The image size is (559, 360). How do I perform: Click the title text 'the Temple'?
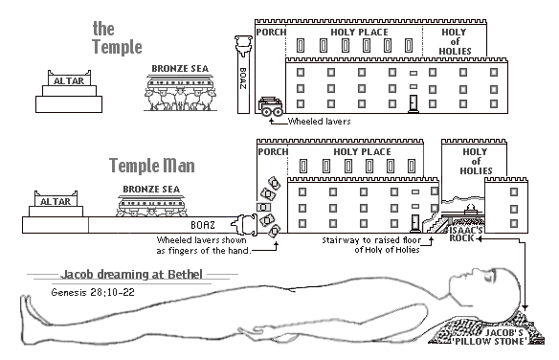[x=117, y=37]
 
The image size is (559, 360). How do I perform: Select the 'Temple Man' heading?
[x=152, y=166]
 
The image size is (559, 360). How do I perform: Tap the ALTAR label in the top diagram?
[x=69, y=81]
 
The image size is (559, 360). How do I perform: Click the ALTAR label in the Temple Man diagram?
[x=56, y=201]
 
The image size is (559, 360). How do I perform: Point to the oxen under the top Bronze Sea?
[x=180, y=99]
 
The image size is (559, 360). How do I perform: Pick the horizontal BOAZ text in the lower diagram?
[x=203, y=225]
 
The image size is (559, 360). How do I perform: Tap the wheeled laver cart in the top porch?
[x=271, y=106]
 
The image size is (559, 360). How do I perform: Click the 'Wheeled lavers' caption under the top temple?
[x=319, y=122]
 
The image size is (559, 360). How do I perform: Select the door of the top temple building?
[x=414, y=103]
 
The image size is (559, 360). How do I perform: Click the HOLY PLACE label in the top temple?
[x=359, y=33]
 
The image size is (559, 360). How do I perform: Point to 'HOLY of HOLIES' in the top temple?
[x=455, y=42]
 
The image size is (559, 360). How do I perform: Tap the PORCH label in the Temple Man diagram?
[x=273, y=152]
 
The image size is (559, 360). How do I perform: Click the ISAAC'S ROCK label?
[x=464, y=234]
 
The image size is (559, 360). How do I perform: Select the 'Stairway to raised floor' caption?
[x=371, y=240]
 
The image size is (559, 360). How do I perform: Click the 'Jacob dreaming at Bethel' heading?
[x=131, y=274]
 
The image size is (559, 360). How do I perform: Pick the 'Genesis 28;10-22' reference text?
[x=93, y=293]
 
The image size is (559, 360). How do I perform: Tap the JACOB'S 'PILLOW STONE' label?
[x=503, y=337]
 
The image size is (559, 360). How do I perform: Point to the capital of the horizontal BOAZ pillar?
[x=245, y=225]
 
